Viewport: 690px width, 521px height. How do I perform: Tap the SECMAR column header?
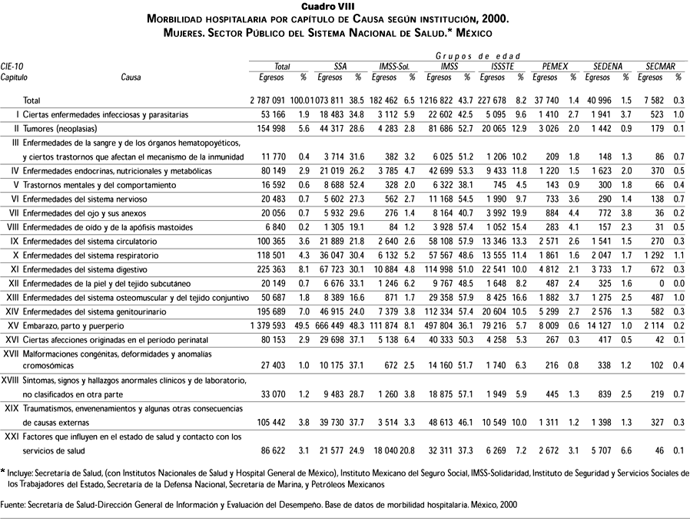660,67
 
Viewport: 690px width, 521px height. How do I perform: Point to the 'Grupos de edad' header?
478,57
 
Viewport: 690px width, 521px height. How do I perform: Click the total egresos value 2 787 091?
267,101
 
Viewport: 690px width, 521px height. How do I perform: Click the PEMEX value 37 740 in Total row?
548,101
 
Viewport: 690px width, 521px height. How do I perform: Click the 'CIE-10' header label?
12,67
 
